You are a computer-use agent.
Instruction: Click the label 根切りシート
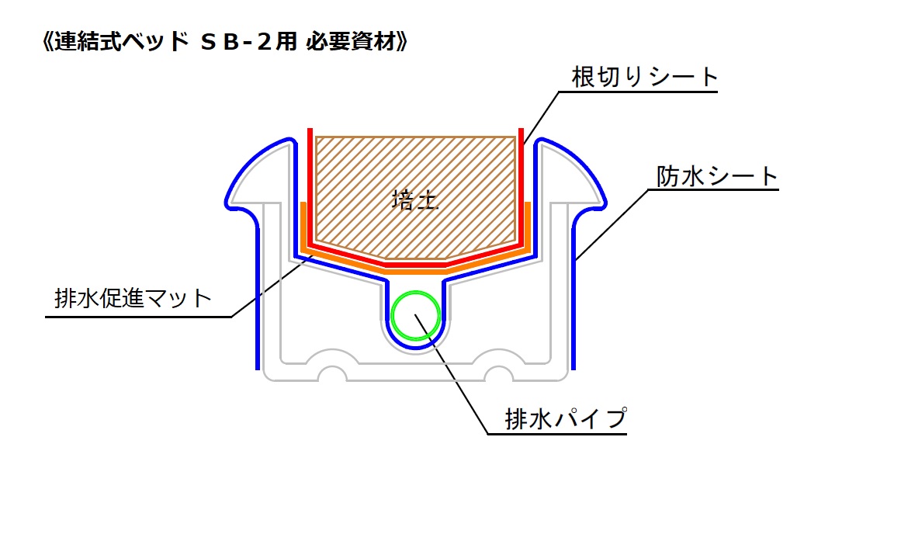(x=645, y=76)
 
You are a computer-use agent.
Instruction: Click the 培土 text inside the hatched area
(x=415, y=201)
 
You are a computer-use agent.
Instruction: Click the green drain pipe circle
(x=416, y=316)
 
